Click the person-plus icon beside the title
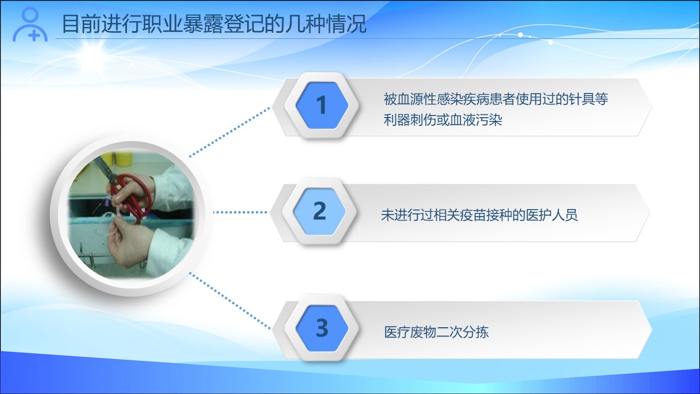30,25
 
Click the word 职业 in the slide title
163,24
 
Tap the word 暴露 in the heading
203,24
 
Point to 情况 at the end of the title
346,24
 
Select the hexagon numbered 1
322,106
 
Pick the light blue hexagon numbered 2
319,211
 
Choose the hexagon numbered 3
322,328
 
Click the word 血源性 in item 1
417,99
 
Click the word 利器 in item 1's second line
396,120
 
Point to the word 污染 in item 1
489,120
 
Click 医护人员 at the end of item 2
552,215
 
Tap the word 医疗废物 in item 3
410,332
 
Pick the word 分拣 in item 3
476,332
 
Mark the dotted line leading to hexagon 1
230,132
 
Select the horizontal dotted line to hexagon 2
240,212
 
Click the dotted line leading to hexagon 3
230,301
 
